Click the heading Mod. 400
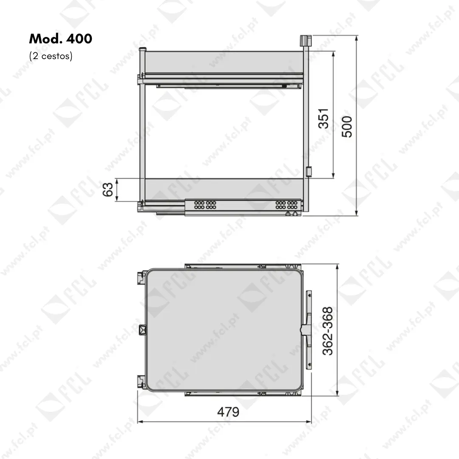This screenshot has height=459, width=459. tap(61, 39)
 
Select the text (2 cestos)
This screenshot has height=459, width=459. tap(51, 56)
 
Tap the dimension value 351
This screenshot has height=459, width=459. tap(323, 118)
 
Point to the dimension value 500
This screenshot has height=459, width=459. tap(347, 127)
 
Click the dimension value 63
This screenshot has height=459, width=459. tap(108, 190)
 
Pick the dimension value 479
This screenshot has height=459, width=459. tap(228, 412)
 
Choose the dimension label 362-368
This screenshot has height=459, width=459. tap(328, 331)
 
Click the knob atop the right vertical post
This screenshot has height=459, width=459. tap(305, 40)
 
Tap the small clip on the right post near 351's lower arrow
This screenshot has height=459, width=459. tap(309, 172)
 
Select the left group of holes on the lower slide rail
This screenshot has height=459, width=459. tap(205, 205)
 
